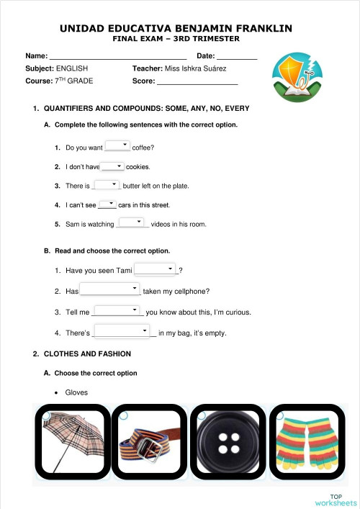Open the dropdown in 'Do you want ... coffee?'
point(117,146)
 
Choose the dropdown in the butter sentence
point(107,184)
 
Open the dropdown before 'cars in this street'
point(108,204)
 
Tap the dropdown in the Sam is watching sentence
point(132,222)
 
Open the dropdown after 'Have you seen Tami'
point(156,269)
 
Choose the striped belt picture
point(149,445)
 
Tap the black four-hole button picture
point(227,445)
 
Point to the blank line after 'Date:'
point(237,56)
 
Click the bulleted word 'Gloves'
point(76,392)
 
